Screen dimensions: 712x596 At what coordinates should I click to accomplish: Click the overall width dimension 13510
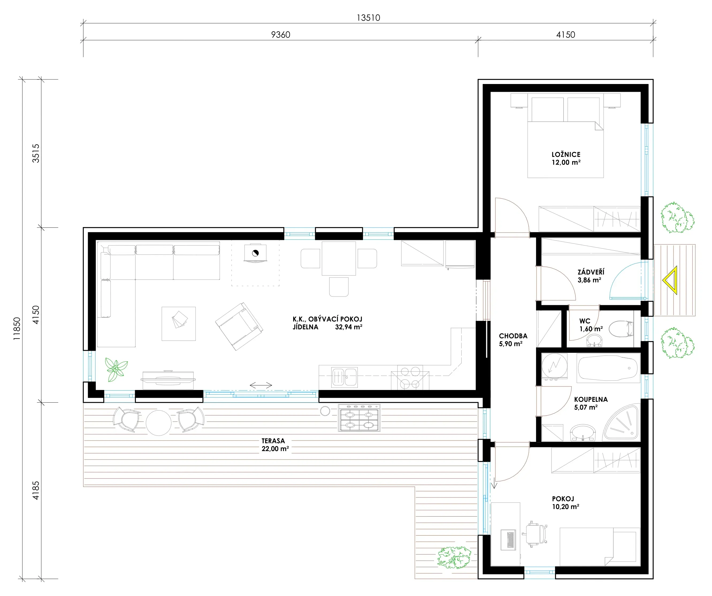(x=368, y=18)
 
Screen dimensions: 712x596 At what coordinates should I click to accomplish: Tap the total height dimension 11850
(x=17, y=328)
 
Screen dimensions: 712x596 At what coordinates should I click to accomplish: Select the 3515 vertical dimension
(x=36, y=153)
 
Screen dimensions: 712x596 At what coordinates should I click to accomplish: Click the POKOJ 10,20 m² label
(x=565, y=502)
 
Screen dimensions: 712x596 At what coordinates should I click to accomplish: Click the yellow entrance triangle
(x=670, y=280)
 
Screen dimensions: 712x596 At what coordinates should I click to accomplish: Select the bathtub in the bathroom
(x=608, y=368)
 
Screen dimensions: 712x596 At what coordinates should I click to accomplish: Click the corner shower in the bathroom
(x=621, y=422)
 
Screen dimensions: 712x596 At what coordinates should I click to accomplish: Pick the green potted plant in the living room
(x=116, y=369)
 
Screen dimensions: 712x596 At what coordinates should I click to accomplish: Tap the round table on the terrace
(x=158, y=422)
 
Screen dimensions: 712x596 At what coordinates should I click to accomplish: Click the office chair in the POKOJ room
(x=535, y=534)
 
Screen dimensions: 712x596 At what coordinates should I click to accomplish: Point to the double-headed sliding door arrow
(x=261, y=385)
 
